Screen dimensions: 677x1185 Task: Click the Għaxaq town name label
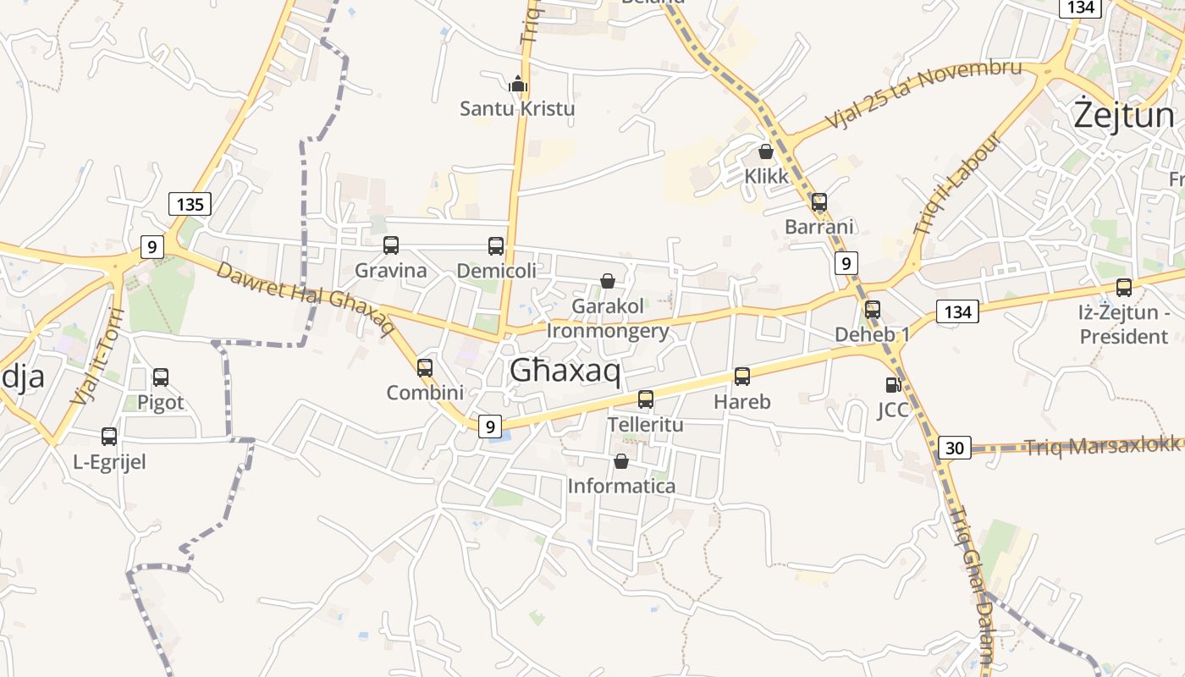pyautogui.click(x=565, y=371)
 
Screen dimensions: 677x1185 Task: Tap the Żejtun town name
pyautogui.click(x=1123, y=115)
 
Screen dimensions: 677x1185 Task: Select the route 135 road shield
pyautogui.click(x=190, y=204)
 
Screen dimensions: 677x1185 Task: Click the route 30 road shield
pyautogui.click(x=955, y=448)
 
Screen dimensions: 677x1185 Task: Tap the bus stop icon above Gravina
pyautogui.click(x=391, y=245)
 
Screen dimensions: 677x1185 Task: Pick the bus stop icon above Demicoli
pyautogui.click(x=496, y=246)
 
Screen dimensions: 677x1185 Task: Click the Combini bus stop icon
pyautogui.click(x=425, y=368)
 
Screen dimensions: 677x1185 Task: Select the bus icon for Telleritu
pyautogui.click(x=646, y=399)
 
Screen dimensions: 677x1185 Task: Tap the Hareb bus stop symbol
pyautogui.click(x=742, y=377)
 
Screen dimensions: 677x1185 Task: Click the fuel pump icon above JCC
pyautogui.click(x=892, y=385)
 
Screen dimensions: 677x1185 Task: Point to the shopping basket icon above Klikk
pyautogui.click(x=766, y=151)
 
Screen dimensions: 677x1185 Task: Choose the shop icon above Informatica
pyautogui.click(x=621, y=461)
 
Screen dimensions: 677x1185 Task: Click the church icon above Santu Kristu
pyautogui.click(x=517, y=83)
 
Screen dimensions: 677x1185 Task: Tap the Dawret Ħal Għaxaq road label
pyautogui.click(x=306, y=298)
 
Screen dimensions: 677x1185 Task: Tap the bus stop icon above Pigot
pyautogui.click(x=161, y=377)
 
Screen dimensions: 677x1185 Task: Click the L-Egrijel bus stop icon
pyautogui.click(x=109, y=437)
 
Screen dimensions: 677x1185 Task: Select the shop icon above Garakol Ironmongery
pyautogui.click(x=608, y=280)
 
